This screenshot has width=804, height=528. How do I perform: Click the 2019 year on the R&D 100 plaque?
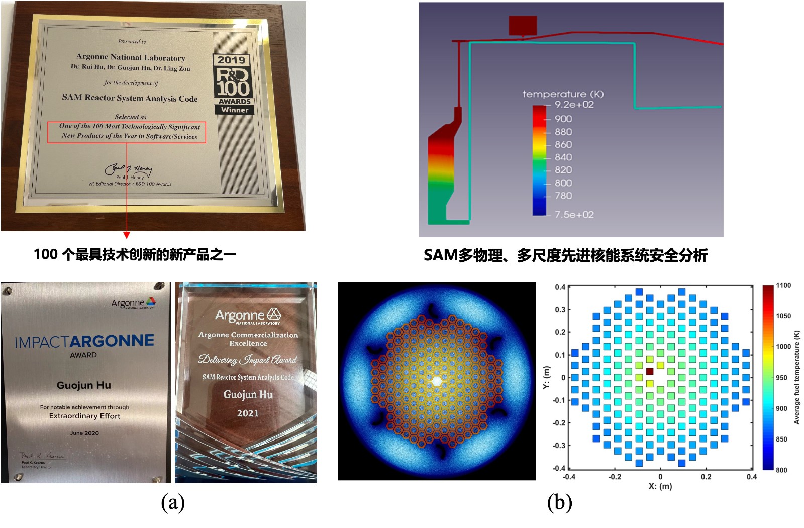click(x=231, y=60)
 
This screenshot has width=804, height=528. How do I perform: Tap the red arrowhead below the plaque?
click(x=127, y=235)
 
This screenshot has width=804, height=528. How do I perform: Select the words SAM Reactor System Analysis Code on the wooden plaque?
click(x=130, y=98)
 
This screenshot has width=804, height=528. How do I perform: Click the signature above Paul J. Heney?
click(x=128, y=169)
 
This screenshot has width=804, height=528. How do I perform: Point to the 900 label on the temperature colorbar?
click(x=563, y=119)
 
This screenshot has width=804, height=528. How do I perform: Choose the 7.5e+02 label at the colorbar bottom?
click(x=574, y=215)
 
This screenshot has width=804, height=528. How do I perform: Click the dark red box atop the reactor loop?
click(x=523, y=25)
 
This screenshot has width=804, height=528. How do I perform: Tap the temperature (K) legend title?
click(x=563, y=94)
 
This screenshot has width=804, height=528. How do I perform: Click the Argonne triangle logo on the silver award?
click(x=150, y=301)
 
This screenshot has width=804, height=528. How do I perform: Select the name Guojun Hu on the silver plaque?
click(x=83, y=385)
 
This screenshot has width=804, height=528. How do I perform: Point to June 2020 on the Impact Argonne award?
click(x=84, y=433)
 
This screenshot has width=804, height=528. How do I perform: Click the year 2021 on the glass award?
click(x=248, y=413)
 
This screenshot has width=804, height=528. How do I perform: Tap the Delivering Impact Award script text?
click(x=247, y=360)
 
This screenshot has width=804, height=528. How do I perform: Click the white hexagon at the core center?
click(x=437, y=381)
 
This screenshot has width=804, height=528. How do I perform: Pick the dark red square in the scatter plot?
click(x=649, y=371)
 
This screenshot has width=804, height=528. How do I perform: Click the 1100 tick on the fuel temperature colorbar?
click(x=783, y=285)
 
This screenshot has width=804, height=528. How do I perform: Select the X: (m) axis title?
click(x=660, y=486)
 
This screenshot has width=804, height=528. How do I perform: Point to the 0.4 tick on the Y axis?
click(x=560, y=287)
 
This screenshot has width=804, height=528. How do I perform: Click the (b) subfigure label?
click(x=559, y=502)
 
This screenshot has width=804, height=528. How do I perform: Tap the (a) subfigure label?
click(x=173, y=502)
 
